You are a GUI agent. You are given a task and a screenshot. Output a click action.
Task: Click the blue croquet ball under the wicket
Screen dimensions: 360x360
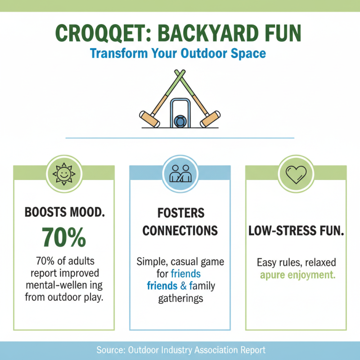tap(180, 121)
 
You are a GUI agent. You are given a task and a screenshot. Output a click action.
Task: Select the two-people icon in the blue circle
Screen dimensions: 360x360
tap(180, 173)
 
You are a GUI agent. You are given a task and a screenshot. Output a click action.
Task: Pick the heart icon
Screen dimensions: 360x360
tap(296, 174)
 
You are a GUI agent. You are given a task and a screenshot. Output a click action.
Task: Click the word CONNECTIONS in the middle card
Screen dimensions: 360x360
tap(180, 231)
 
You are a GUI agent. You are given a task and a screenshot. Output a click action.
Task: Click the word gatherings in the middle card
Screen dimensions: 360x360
tap(180, 297)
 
